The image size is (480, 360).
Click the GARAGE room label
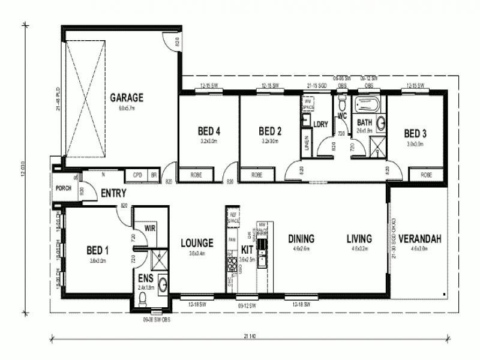126,97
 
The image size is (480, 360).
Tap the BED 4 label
209,131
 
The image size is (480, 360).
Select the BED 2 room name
270,131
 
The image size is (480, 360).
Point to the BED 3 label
415,133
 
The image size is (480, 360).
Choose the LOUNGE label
197,243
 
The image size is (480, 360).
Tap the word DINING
301,238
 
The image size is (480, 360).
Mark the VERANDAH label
419,238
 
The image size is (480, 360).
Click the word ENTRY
113,193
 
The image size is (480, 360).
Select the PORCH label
63,188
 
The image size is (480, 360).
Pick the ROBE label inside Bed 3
427,175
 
